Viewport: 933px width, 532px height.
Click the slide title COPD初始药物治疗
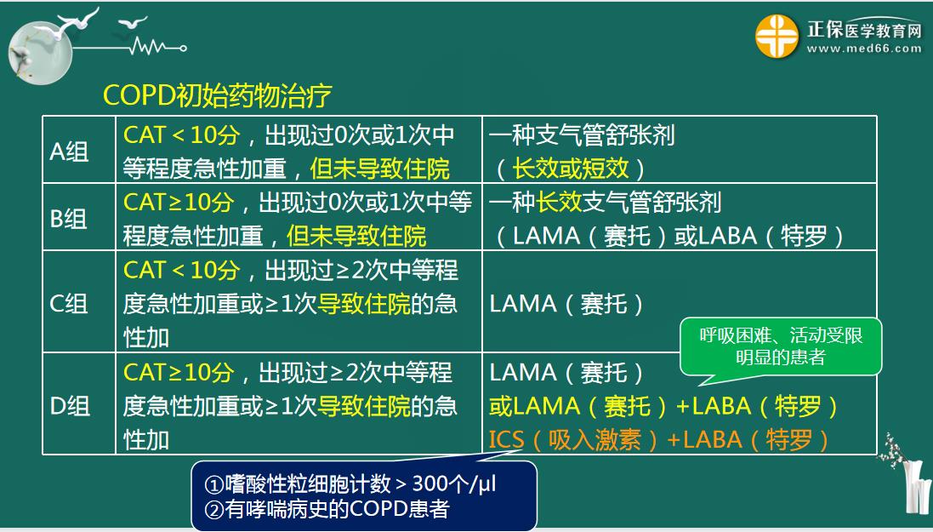(x=217, y=95)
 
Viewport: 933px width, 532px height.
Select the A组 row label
(x=69, y=152)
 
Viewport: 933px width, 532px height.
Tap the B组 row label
(x=69, y=219)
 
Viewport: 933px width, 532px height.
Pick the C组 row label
(x=69, y=304)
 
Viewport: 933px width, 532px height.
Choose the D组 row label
(x=70, y=406)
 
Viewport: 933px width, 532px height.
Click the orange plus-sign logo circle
(x=777, y=37)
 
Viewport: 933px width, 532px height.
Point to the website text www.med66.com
(x=864, y=49)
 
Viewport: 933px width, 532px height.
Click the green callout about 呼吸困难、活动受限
(x=780, y=346)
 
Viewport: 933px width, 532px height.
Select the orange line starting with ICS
(x=658, y=440)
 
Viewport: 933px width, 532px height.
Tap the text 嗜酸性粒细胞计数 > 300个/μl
(x=350, y=483)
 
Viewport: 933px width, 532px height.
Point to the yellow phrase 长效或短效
(x=571, y=169)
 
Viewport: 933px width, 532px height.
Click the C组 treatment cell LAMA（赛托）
(x=566, y=304)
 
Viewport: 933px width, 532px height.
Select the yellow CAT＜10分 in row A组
(x=181, y=135)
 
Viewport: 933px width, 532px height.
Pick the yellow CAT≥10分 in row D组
(x=179, y=372)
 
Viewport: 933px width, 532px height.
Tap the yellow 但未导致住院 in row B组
(x=356, y=237)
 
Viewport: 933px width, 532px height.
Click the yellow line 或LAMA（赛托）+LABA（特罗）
(x=663, y=406)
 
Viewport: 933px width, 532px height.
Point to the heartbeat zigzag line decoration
(x=157, y=46)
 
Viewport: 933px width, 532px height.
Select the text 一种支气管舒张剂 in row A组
(x=582, y=135)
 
